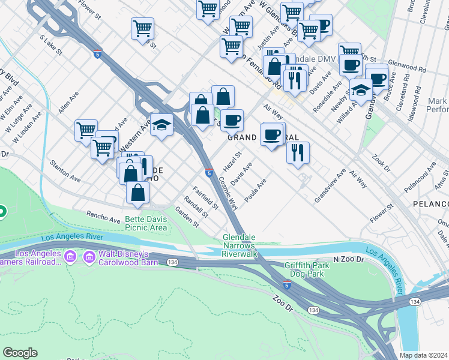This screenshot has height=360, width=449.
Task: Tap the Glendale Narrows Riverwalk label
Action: click(240, 245)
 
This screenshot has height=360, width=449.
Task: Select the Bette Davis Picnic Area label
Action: click(146, 223)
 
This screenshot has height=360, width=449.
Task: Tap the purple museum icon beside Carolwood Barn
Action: click(90, 257)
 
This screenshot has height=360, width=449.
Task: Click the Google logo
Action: click(20, 353)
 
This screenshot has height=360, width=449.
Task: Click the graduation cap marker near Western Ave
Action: click(161, 125)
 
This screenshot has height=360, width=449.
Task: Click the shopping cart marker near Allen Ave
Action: click(86, 130)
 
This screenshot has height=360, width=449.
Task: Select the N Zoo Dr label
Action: click(349, 259)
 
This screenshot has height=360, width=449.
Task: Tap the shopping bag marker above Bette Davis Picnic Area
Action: click(138, 192)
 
